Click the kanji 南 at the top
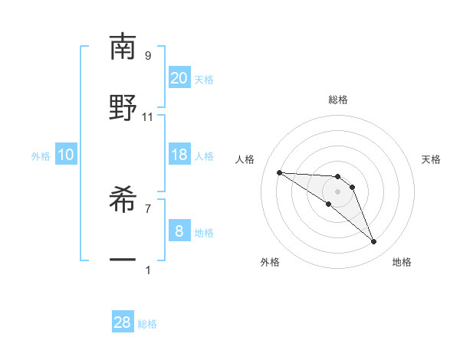click(123, 47)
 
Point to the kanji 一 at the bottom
click(123, 261)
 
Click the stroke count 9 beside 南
click(148, 55)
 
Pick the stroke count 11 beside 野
click(148, 116)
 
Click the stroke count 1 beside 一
click(148, 270)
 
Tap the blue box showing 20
click(179, 78)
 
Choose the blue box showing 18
click(179, 155)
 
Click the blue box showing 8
click(179, 231)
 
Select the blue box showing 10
click(66, 155)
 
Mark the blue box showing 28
click(123, 322)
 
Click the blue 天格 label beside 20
click(204, 80)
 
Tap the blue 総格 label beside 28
click(147, 324)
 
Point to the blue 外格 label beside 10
click(41, 156)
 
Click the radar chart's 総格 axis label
click(337, 100)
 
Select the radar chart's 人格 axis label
click(245, 159)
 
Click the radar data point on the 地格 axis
click(374, 242)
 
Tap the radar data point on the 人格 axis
click(279, 172)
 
